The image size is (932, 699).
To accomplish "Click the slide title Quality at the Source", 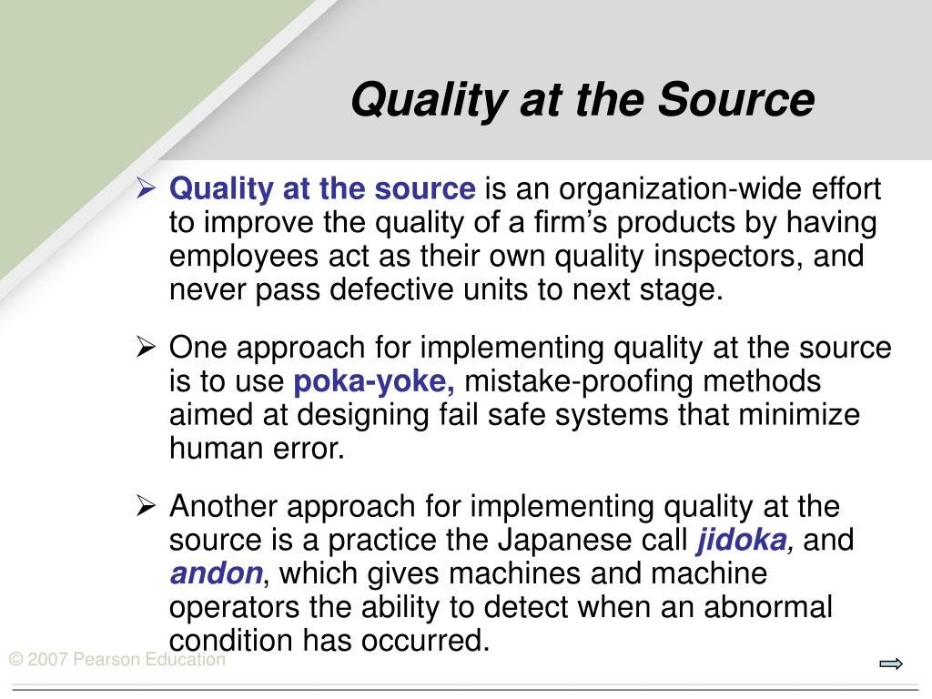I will click(582, 100).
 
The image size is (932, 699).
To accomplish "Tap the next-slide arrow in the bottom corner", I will click(891, 664).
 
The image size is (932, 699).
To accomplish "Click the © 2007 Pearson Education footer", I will click(117, 660).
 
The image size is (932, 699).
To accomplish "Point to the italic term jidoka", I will click(743, 541).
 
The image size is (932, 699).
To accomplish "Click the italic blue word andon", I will click(217, 574).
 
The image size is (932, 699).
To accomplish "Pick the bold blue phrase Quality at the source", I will click(322, 189).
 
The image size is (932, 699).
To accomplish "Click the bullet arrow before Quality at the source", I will click(146, 189).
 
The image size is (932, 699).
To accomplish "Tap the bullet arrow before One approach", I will click(146, 347).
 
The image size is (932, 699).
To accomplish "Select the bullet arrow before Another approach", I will click(146, 505).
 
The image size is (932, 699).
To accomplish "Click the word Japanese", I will click(560, 541).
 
